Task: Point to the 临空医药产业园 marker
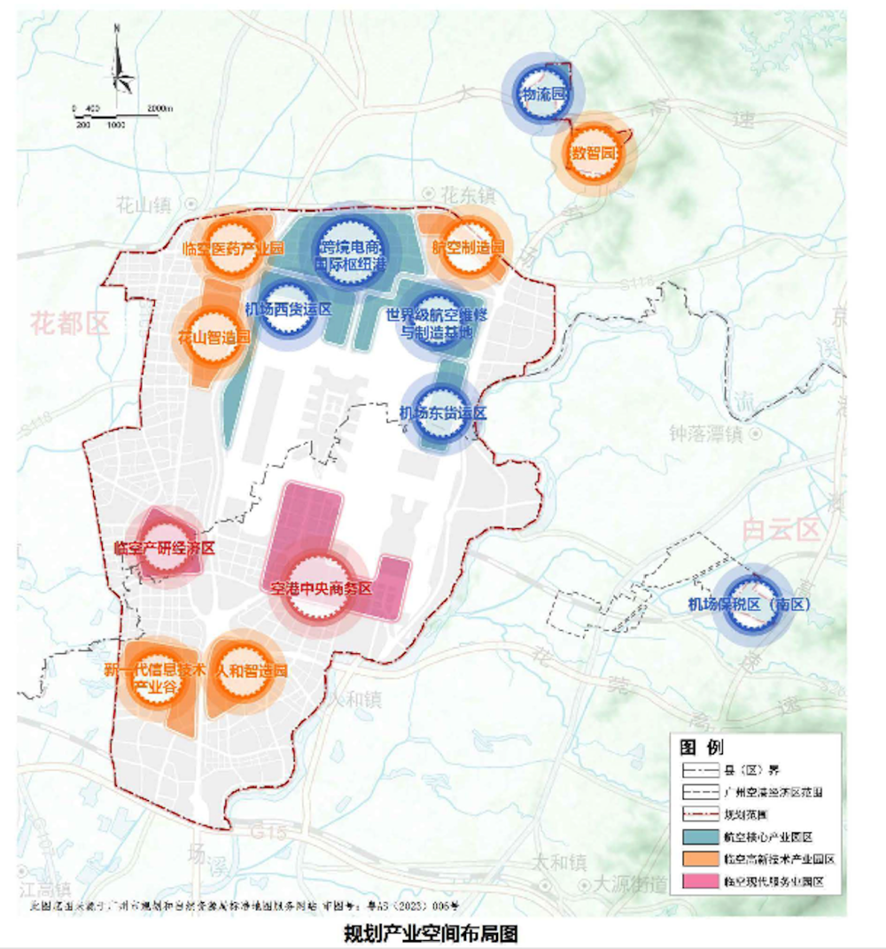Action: pyautogui.click(x=232, y=248)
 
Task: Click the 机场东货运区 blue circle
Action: pyautogui.click(x=441, y=413)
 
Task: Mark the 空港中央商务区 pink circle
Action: pyautogui.click(x=320, y=588)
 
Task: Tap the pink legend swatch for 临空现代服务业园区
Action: pyautogui.click(x=701, y=883)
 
